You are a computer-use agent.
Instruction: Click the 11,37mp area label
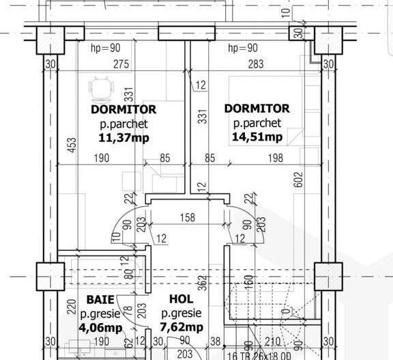(x=123, y=137)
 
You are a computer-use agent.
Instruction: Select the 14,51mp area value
(x=257, y=137)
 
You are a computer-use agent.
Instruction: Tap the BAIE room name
(x=100, y=299)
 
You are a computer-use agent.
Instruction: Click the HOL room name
(x=181, y=299)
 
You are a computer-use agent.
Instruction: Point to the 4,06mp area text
(x=100, y=328)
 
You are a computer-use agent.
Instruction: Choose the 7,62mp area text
(x=181, y=328)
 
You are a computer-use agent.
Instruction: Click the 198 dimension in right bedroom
(x=275, y=158)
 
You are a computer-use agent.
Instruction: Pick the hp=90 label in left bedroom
(x=106, y=48)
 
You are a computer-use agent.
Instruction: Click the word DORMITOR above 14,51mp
(x=257, y=109)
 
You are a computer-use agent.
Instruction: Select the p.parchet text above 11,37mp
(x=123, y=124)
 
